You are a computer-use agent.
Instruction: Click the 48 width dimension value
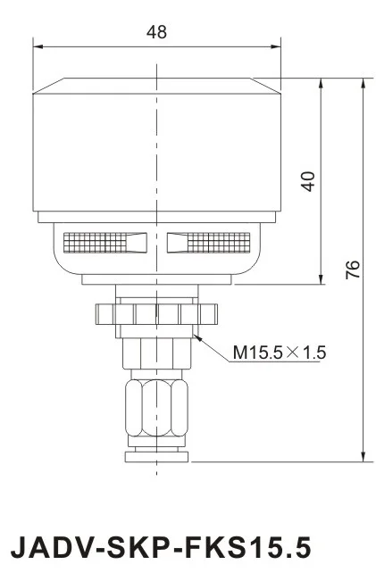pyautogui.click(x=156, y=31)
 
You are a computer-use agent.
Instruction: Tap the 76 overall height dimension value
pyautogui.click(x=353, y=270)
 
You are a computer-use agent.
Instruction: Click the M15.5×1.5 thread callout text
pyautogui.click(x=280, y=353)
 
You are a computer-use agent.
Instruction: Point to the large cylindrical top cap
pyautogui.click(x=156, y=147)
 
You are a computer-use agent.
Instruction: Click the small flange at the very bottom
pyautogui.click(x=156, y=457)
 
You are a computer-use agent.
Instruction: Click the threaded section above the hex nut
pyautogui.click(x=156, y=353)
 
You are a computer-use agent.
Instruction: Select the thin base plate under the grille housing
pyautogui.click(x=156, y=279)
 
